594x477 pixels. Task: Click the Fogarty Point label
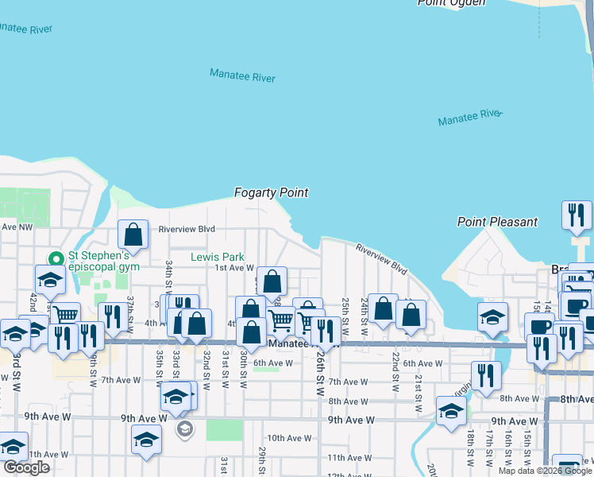271,192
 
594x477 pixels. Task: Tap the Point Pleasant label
497,222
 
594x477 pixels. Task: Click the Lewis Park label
218,258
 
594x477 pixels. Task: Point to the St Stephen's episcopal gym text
103,261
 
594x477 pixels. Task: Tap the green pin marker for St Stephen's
56,259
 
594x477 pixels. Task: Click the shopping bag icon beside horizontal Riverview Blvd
133,234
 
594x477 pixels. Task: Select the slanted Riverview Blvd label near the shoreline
381,259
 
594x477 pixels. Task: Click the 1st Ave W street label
234,268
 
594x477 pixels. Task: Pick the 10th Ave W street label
289,438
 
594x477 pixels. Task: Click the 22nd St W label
393,371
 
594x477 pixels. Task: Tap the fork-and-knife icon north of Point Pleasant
576,215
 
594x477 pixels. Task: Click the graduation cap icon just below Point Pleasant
492,316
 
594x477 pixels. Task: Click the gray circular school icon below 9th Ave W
184,429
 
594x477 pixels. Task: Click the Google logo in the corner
26,467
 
